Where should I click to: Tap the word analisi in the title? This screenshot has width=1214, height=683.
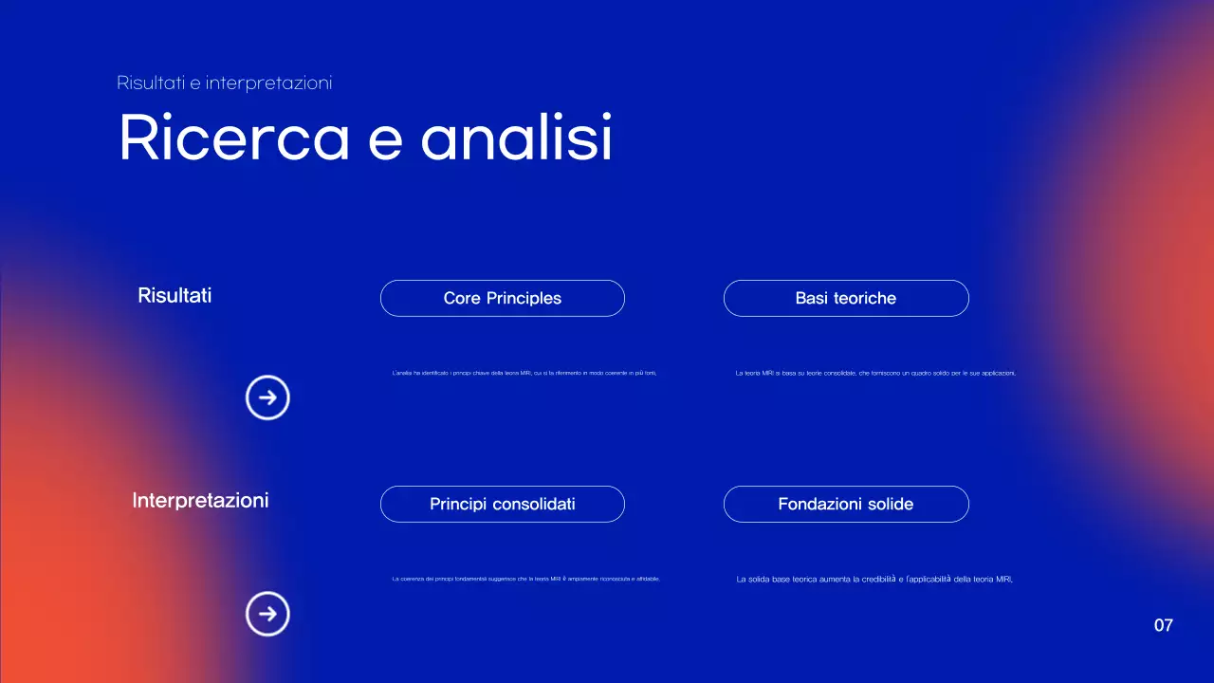click(x=517, y=138)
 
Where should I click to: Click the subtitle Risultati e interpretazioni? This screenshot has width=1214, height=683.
click(x=224, y=83)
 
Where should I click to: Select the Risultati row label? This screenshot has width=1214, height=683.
click(x=175, y=295)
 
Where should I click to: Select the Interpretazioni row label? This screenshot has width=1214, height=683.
click(x=200, y=500)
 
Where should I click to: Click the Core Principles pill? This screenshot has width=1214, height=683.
click(x=502, y=298)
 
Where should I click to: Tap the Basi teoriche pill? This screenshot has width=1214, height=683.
click(x=845, y=298)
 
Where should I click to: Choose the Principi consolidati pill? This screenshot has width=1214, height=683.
click(x=502, y=504)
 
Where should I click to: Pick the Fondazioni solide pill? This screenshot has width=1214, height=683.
click(x=845, y=504)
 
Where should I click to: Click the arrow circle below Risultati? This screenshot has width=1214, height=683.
click(x=267, y=397)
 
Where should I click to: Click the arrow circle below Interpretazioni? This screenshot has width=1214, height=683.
click(x=267, y=614)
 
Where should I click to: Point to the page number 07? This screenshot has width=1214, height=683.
click(x=1163, y=625)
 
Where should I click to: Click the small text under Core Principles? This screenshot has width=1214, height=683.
click(x=524, y=374)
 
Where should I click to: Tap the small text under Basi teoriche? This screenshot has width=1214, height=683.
click(x=875, y=374)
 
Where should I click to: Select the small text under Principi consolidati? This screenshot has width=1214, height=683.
click(x=525, y=579)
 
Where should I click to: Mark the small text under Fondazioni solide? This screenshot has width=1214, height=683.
click(x=874, y=580)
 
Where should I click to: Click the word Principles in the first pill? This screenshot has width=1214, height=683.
click(x=524, y=298)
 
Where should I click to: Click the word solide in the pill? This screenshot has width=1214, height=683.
click(x=891, y=504)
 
